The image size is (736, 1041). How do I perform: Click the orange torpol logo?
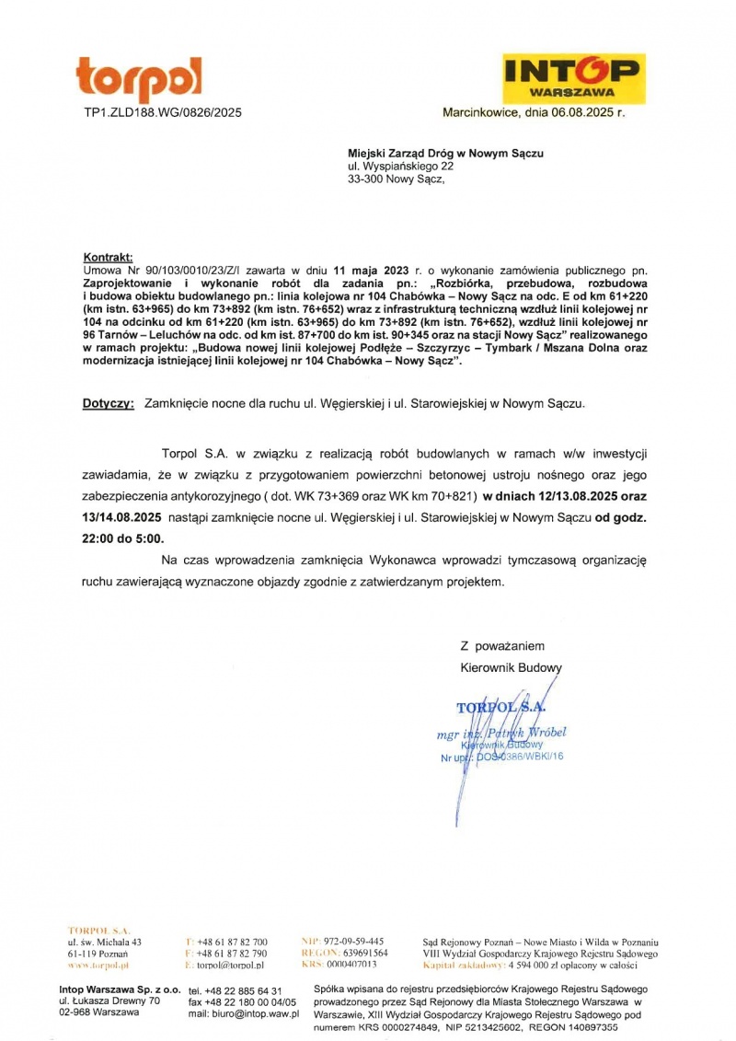coord(139,79)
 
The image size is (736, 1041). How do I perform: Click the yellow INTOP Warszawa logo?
coord(574,77)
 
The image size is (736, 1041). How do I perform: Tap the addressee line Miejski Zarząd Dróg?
coord(445,154)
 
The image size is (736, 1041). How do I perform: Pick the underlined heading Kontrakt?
coord(109,257)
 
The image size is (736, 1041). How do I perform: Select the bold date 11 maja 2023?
coord(372,271)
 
